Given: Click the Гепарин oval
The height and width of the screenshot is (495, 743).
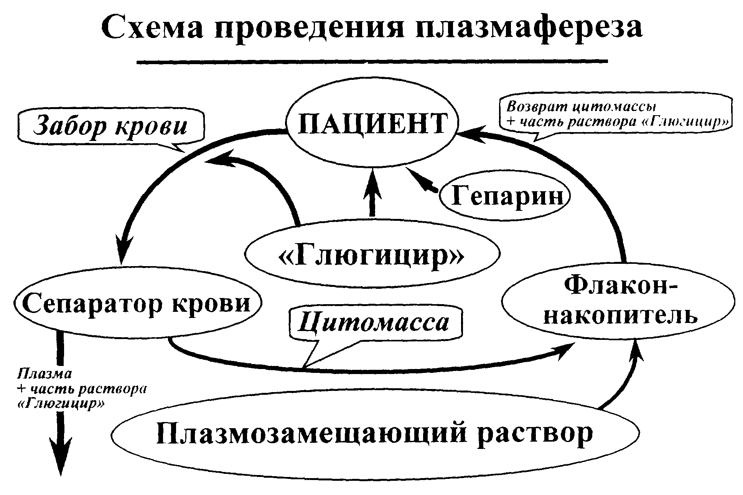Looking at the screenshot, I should [x=505, y=196].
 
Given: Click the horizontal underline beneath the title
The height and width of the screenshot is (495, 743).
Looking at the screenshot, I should [x=372, y=61].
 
